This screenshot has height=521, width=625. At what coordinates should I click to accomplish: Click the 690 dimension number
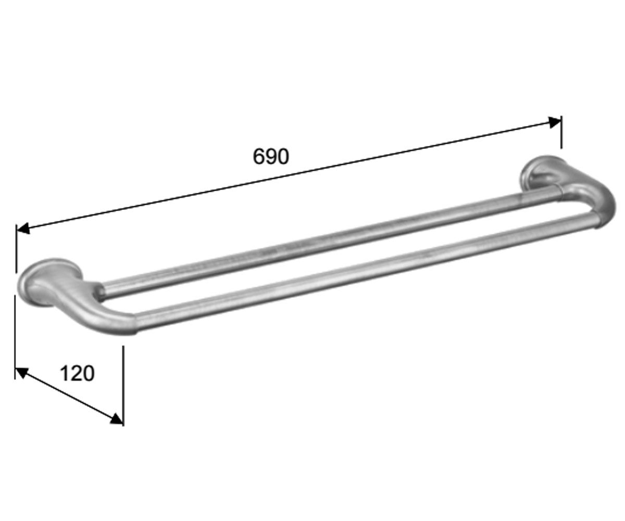pyautogui.click(x=271, y=156)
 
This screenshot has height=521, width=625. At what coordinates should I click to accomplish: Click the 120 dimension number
pyautogui.click(x=77, y=374)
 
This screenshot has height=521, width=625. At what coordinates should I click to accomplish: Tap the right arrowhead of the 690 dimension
pyautogui.click(x=555, y=122)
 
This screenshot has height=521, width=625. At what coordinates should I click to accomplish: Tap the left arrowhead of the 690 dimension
pyautogui.click(x=23, y=228)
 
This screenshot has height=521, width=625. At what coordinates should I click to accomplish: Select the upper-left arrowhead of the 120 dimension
pyautogui.click(x=21, y=373)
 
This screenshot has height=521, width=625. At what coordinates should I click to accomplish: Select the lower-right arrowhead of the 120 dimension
pyautogui.click(x=117, y=418)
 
